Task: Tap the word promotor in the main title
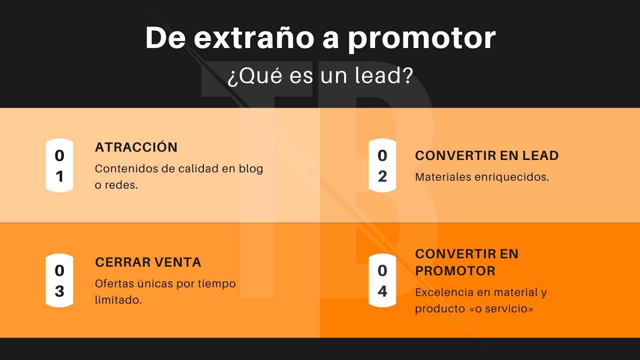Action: pos(422,39)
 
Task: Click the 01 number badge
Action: pos(59,166)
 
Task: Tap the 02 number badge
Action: pos(382,166)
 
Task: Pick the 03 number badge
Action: pos(59,281)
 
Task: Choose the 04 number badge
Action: pos(382,281)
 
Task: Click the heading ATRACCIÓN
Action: pos(136,147)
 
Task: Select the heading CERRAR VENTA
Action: pos(148,262)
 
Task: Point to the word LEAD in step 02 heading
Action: pos(540,156)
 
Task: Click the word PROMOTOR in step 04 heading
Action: pos(455,271)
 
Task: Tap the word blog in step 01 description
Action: pos(251,169)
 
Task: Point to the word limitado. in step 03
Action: pos(118,300)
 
